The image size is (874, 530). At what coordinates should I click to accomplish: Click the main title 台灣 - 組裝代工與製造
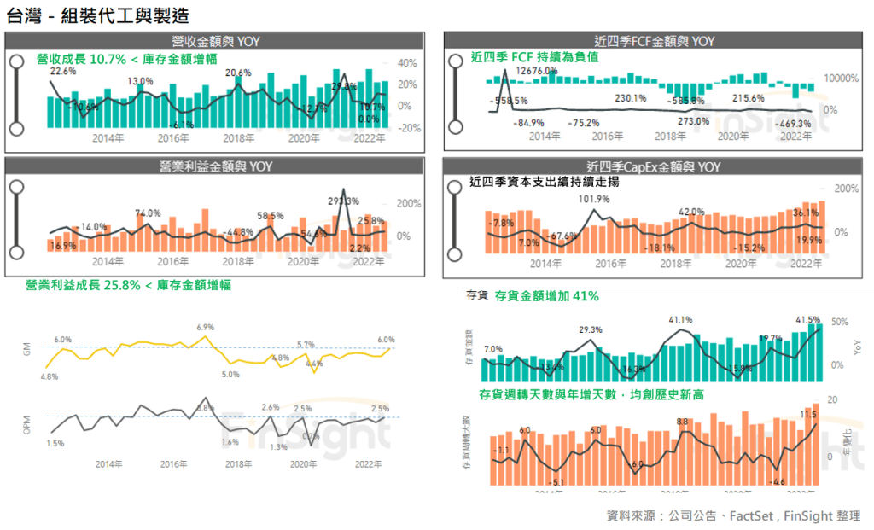click(97, 15)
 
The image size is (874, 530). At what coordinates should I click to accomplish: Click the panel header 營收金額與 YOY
click(213, 41)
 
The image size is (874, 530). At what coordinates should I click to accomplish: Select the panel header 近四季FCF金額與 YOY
click(655, 41)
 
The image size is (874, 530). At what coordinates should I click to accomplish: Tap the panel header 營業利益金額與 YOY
click(213, 166)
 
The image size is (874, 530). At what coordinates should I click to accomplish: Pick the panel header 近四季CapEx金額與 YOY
click(655, 166)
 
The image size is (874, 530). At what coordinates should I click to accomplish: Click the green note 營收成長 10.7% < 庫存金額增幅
click(126, 59)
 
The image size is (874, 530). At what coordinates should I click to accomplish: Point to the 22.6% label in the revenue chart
click(63, 73)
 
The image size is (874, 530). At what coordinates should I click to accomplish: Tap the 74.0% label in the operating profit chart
click(148, 213)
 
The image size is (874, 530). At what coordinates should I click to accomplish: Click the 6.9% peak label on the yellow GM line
click(205, 327)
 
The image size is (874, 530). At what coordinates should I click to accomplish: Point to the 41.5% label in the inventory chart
click(807, 320)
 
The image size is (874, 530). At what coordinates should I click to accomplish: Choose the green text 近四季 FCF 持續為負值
click(534, 57)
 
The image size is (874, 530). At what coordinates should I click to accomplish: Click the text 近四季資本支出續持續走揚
click(545, 182)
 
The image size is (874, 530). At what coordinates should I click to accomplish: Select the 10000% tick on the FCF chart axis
click(841, 79)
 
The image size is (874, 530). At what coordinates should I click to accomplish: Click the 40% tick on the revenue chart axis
click(406, 63)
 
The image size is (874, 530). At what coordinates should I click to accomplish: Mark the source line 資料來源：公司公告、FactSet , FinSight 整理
click(733, 515)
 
